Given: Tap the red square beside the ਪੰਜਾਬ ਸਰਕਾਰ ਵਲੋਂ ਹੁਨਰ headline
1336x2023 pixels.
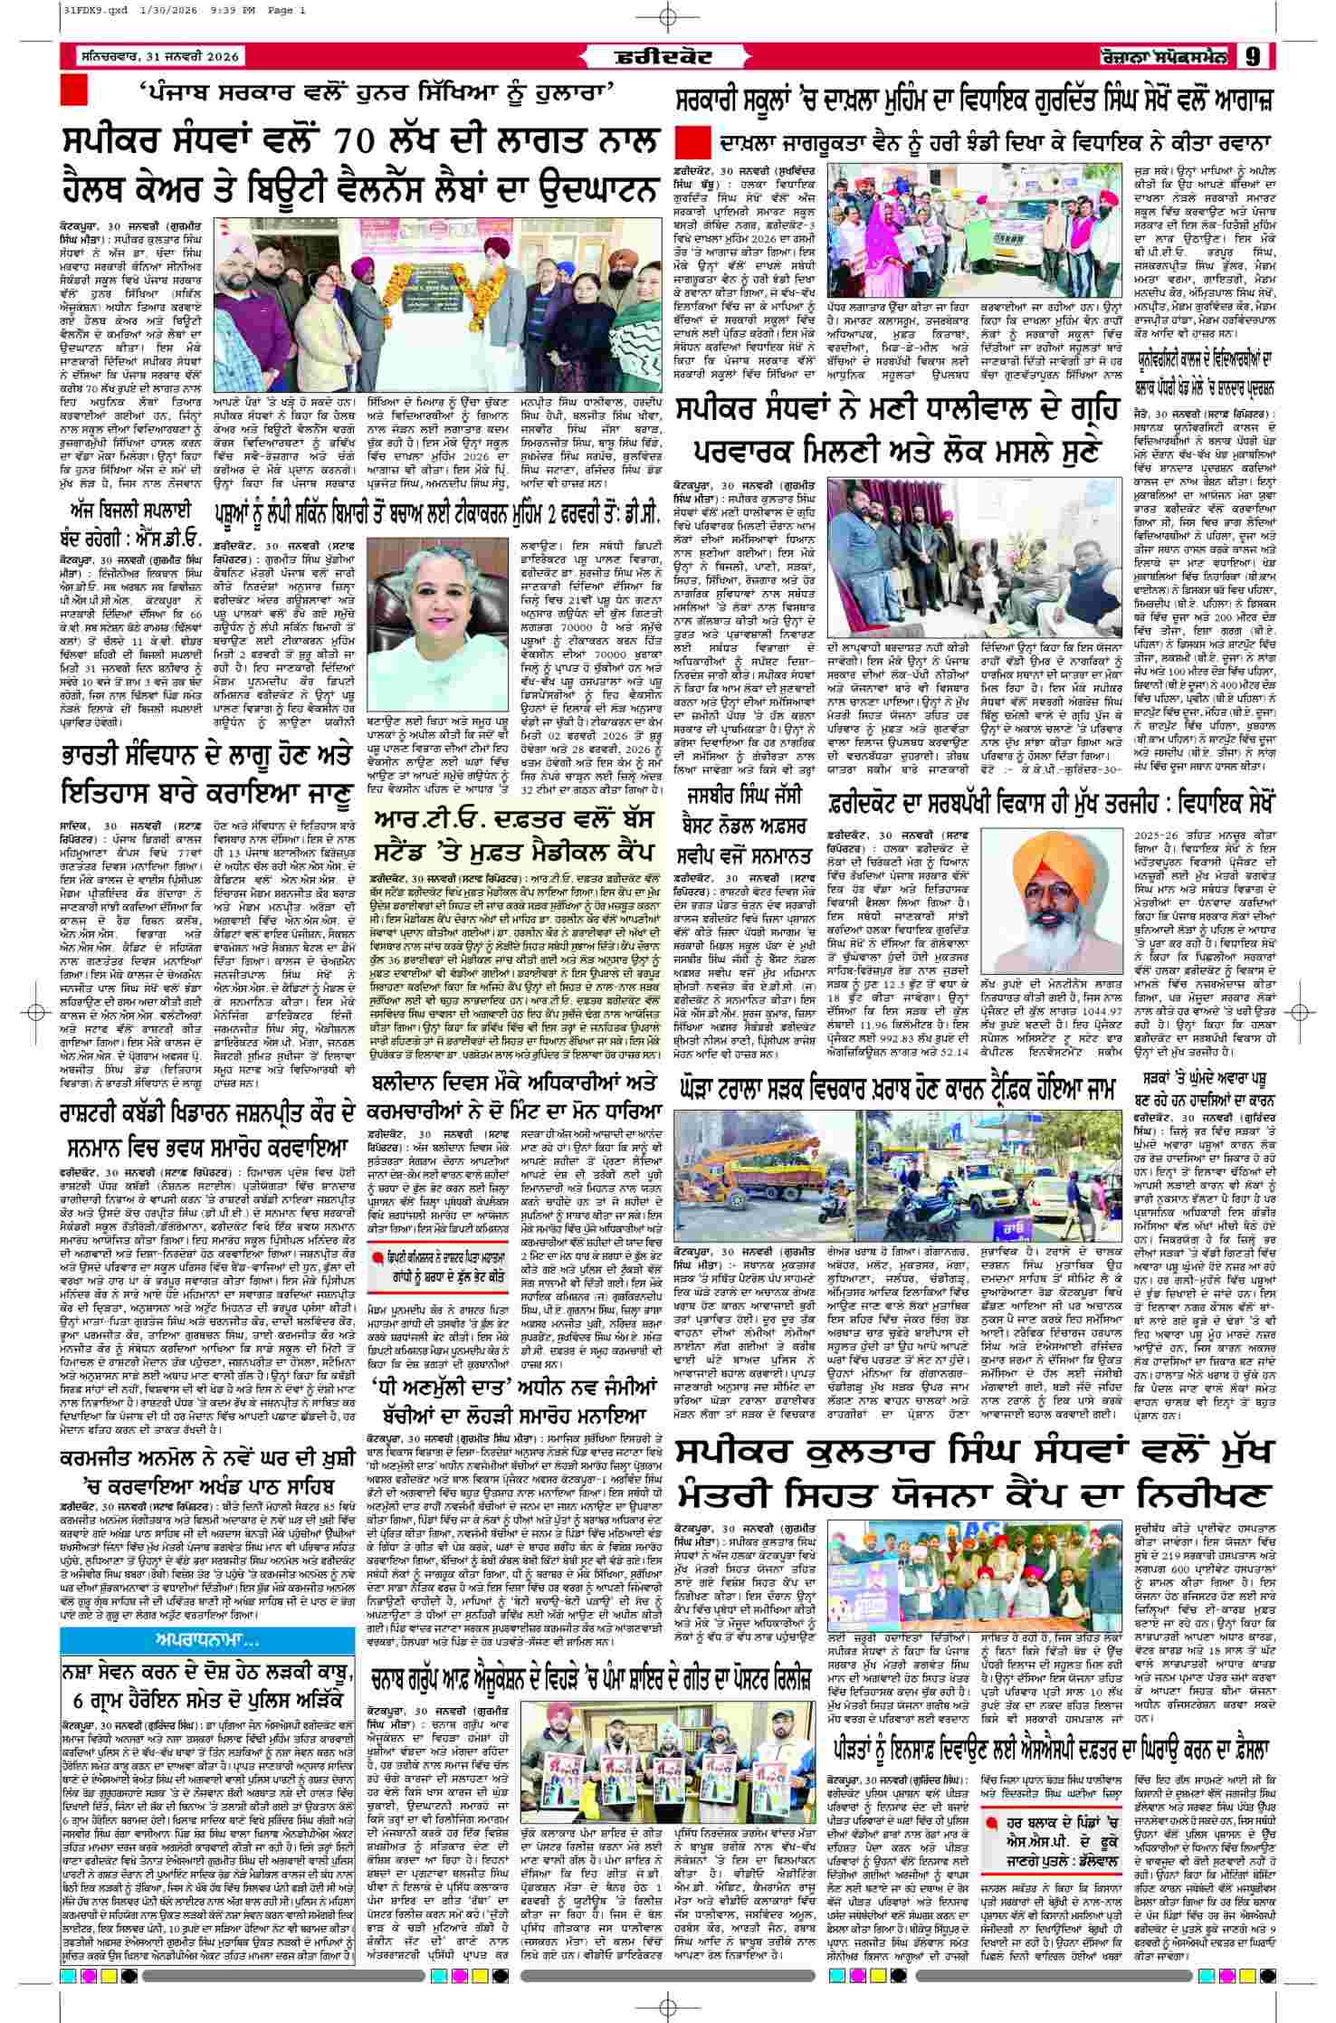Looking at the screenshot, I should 73,91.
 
